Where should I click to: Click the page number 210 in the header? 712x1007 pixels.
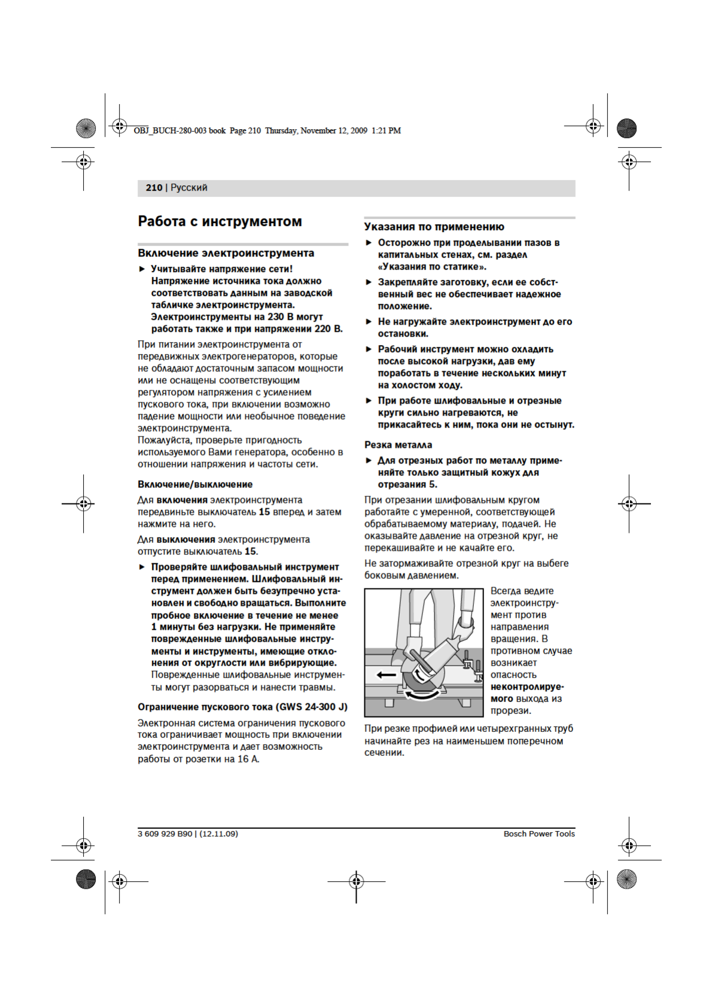click(x=154, y=188)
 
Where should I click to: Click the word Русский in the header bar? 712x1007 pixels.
click(x=189, y=188)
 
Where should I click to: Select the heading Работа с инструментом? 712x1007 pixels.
click(x=220, y=221)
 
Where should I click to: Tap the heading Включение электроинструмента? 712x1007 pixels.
click(x=226, y=253)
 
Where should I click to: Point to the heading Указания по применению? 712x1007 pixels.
click(x=434, y=227)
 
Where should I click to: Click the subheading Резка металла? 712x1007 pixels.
click(x=398, y=445)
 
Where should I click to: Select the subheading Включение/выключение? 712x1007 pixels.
click(x=195, y=484)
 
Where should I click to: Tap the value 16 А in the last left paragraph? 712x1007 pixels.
click(x=248, y=759)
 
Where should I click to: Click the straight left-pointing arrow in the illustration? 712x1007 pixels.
click(x=386, y=675)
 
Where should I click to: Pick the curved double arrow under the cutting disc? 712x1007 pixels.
click(x=424, y=694)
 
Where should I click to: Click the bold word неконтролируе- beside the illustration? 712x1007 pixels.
click(x=527, y=687)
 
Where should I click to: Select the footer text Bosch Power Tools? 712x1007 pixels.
click(x=538, y=834)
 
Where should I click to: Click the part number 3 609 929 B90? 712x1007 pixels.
click(x=165, y=834)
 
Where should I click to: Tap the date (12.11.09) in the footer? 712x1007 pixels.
click(x=218, y=834)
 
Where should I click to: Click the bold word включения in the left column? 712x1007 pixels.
click(x=182, y=500)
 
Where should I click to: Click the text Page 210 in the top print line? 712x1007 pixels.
click(x=245, y=130)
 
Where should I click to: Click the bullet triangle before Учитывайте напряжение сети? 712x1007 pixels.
click(x=142, y=269)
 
